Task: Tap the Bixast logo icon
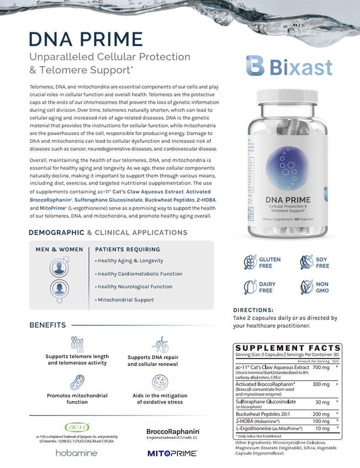tap(255, 66)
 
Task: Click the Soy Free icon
tap(307, 263)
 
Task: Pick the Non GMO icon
tap(307, 287)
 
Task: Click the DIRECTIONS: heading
tap(253, 310)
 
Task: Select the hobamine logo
tap(76, 453)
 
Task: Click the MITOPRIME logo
tap(172, 453)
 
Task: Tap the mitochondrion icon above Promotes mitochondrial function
tap(77, 382)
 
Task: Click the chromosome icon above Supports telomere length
tap(77, 343)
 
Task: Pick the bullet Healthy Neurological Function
tap(135, 287)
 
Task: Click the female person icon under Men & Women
tap(59, 290)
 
